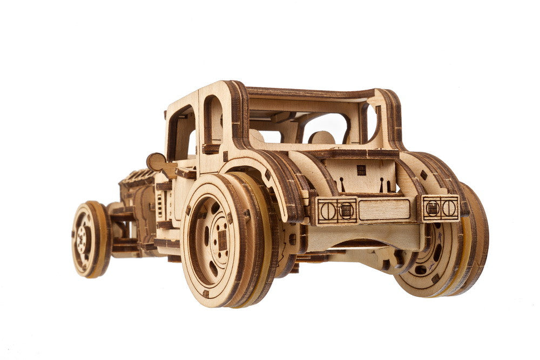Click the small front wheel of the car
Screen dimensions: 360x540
(89, 239)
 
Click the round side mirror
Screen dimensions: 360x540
(155, 162)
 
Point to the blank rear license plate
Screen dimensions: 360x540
(384, 209)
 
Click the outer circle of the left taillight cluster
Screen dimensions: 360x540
(328, 210)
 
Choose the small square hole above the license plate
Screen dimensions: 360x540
(361, 170)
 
